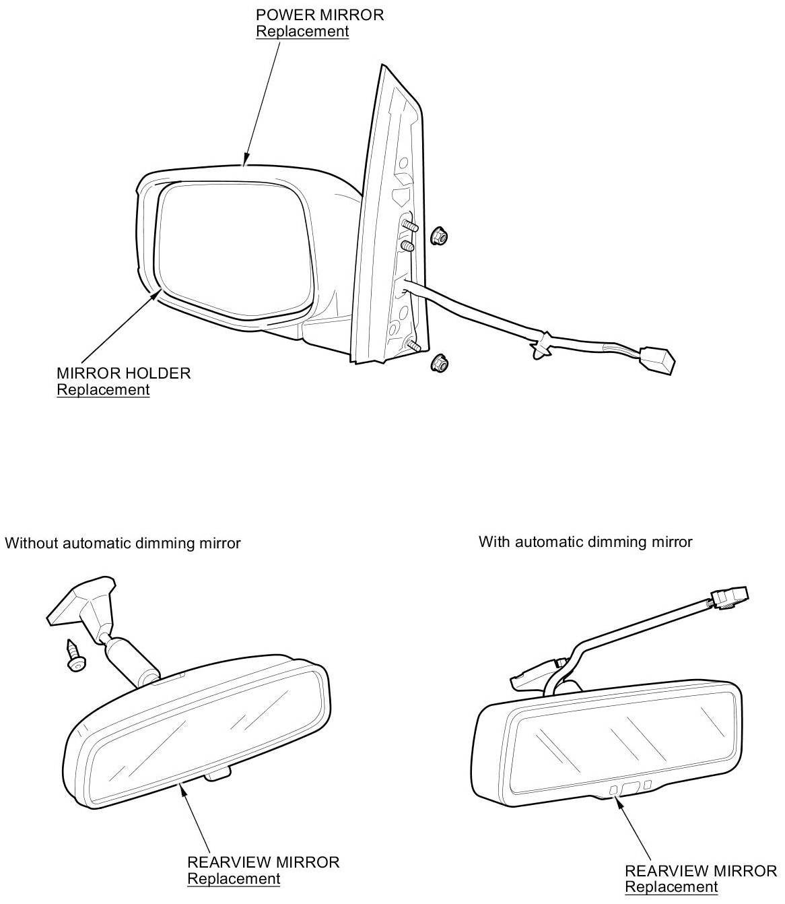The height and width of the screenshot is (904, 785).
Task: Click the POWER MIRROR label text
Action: [x=319, y=15]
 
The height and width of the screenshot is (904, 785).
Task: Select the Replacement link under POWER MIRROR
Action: [x=302, y=32]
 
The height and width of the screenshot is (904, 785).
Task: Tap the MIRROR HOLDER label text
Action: [x=123, y=373]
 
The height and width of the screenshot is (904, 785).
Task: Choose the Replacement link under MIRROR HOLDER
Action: [x=103, y=389]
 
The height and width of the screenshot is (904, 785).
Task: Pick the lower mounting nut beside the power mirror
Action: [x=440, y=364]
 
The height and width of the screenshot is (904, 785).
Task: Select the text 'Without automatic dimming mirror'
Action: [x=123, y=543]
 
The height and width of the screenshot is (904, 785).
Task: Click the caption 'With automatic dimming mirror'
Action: [x=585, y=542]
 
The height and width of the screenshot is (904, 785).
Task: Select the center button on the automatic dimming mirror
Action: [x=630, y=787]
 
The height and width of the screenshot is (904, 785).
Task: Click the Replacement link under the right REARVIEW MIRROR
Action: [x=671, y=887]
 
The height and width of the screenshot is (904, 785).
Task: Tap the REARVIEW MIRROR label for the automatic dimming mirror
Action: [x=700, y=871]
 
